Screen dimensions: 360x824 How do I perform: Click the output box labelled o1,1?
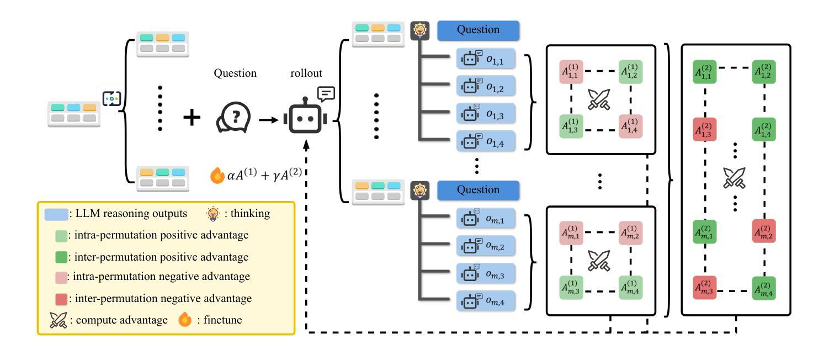[486, 58]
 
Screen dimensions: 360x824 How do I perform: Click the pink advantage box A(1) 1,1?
[571, 71]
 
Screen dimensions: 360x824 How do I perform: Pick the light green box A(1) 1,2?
[630, 71]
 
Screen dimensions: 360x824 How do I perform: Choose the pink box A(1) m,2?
[630, 232]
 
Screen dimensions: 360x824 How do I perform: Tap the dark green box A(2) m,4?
[765, 288]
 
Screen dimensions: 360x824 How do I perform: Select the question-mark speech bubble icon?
[233, 118]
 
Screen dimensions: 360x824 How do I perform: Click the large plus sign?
[192, 117]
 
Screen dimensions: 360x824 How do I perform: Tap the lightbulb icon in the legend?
[212, 214]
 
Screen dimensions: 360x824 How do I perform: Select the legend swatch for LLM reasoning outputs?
[56, 214]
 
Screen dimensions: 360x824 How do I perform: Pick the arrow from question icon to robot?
[268, 119]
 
